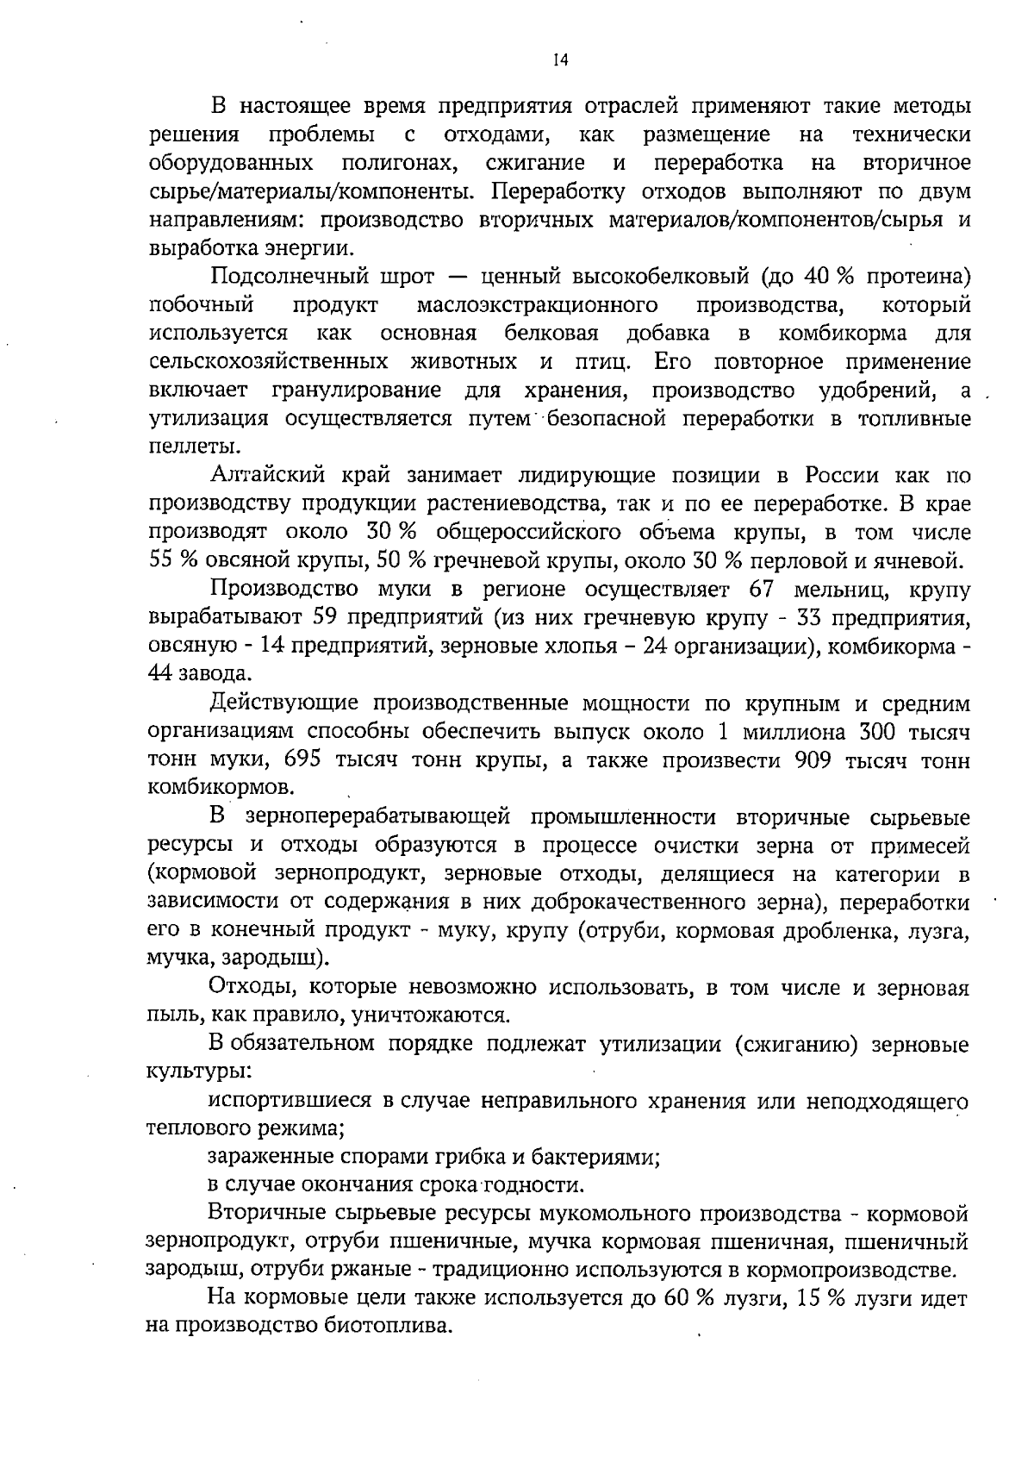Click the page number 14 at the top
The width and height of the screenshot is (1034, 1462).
[x=560, y=60]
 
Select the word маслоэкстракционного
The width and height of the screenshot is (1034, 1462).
[x=538, y=305]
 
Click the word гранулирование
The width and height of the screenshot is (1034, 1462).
[x=358, y=390]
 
